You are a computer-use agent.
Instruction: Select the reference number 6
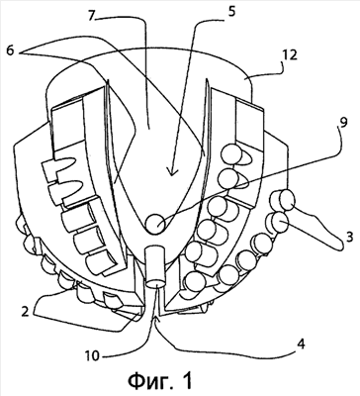pyautogui.click(x=10, y=52)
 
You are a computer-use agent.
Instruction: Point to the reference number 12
pyautogui.click(x=289, y=54)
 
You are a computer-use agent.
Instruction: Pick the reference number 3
pyautogui.click(x=348, y=237)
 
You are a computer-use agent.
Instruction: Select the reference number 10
pyautogui.click(x=92, y=357)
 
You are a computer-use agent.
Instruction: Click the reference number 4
pyautogui.click(x=301, y=345)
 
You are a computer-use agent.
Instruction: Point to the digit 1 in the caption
pyautogui.click(x=186, y=380)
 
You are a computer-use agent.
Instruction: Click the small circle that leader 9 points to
pyautogui.click(x=156, y=223)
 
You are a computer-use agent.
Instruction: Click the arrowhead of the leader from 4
pyautogui.click(x=157, y=319)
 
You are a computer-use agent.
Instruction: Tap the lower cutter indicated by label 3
pyautogui.click(x=277, y=223)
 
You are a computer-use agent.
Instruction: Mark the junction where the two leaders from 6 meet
pyautogui.click(x=20, y=52)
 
